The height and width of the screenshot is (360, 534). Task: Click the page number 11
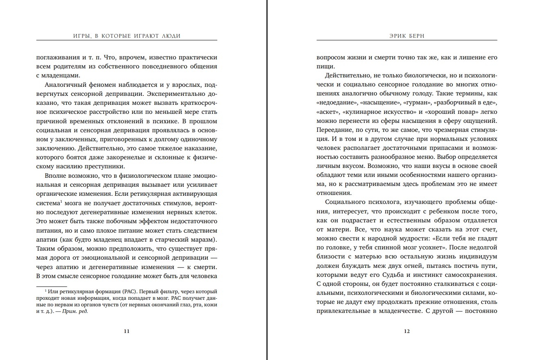coord(127,331)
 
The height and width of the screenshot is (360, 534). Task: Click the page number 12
coord(407,331)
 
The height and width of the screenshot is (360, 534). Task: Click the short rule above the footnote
coord(51,286)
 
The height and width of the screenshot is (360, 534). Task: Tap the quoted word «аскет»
coord(327,112)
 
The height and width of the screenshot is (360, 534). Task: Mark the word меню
coord(430,157)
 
